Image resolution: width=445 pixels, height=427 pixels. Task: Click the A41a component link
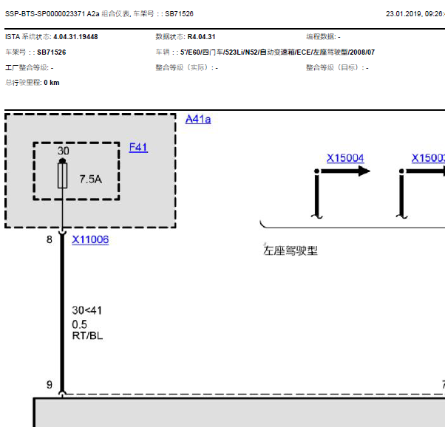tap(198, 119)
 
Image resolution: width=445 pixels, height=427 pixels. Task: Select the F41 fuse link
tap(138, 147)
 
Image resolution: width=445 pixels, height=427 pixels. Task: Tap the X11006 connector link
tap(90, 240)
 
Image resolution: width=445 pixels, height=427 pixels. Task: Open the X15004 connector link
tap(345, 158)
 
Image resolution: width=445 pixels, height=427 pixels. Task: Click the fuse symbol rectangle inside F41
tap(62, 176)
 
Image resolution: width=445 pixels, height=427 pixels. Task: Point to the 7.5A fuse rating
tap(90, 179)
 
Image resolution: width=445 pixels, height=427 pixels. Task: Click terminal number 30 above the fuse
tap(63, 151)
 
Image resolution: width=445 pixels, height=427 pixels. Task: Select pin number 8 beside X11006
tap(50, 239)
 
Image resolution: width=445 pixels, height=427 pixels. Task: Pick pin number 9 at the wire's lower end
tap(50, 385)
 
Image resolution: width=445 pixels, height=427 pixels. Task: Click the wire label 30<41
tap(86, 310)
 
